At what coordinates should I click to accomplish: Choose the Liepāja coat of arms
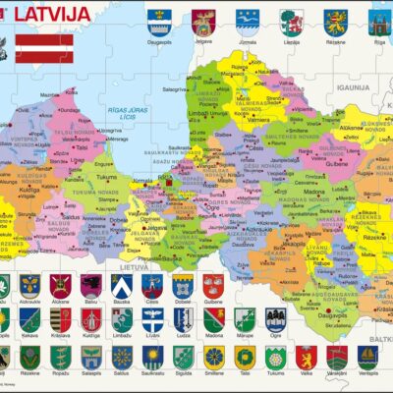[290, 23]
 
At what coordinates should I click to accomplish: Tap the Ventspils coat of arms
[367, 356]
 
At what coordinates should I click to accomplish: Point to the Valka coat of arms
[306, 356]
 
